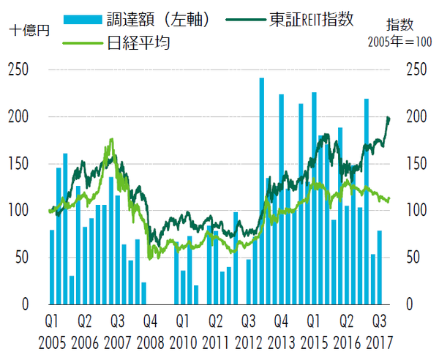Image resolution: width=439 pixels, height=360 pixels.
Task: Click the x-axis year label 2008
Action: click(150, 342)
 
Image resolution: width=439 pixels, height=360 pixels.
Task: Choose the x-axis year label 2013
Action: click(282, 342)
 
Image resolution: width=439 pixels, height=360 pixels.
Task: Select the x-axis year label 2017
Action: click(380, 342)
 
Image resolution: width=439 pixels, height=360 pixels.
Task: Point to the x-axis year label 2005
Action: click(52, 342)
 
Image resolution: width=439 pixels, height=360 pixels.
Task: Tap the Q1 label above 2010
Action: click(182, 321)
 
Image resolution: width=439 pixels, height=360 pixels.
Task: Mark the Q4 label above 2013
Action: click(282, 321)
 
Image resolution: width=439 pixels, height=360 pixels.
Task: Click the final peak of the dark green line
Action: click(388, 117)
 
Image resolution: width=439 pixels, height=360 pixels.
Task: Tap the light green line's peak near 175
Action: click(111, 139)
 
